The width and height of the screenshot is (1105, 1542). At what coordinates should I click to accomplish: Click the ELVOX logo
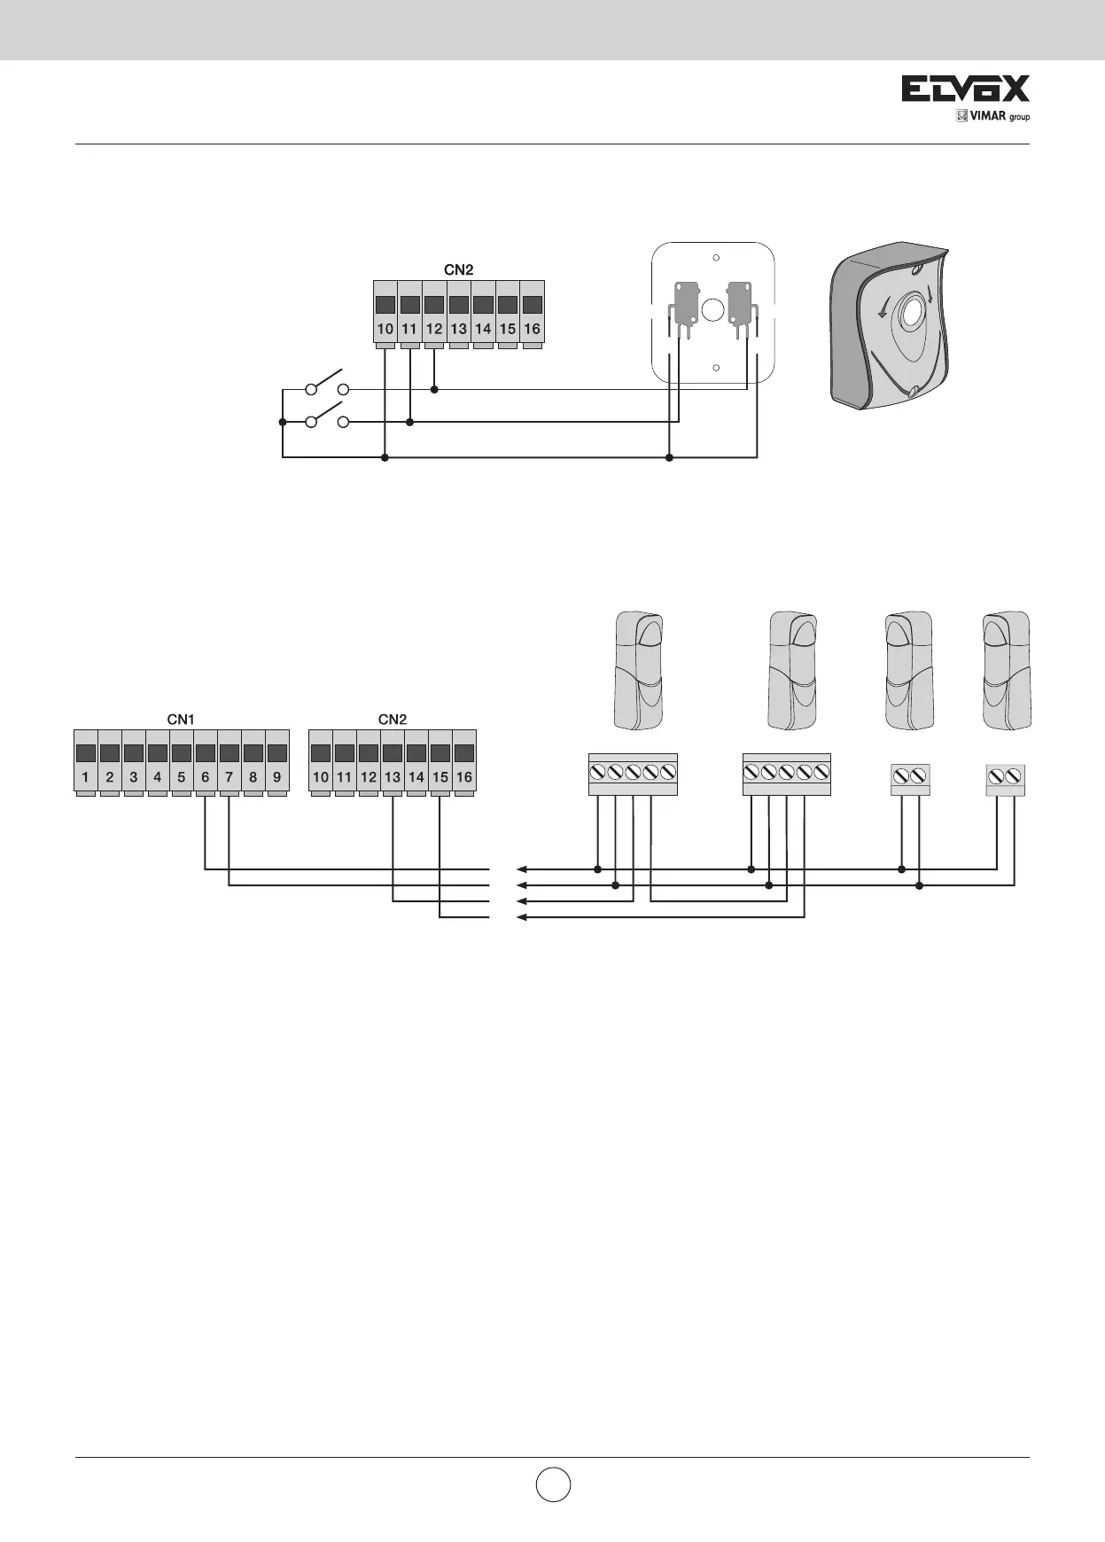pos(965,89)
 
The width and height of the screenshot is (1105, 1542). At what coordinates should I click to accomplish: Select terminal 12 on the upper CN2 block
pos(433,315)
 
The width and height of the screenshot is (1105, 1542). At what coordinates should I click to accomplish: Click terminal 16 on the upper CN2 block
pos(532,315)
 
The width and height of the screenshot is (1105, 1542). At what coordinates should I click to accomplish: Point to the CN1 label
pos(181,720)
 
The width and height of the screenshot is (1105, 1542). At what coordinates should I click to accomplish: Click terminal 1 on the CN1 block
pos(85,764)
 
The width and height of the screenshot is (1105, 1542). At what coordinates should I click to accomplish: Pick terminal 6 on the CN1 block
pos(205,764)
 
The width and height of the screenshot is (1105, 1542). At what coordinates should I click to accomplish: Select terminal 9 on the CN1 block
pos(277,764)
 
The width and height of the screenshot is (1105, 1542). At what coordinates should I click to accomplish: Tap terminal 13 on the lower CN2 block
pos(393,764)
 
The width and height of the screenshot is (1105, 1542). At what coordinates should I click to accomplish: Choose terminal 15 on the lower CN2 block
pos(440,764)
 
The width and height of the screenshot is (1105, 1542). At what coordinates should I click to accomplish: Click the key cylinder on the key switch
pos(909,315)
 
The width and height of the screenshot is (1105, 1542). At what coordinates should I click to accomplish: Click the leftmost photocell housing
pos(638,669)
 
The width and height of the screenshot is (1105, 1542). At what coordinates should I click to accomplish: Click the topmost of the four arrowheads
pos(522,868)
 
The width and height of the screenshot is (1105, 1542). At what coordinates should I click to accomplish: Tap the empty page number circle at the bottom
pos(552,1484)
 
